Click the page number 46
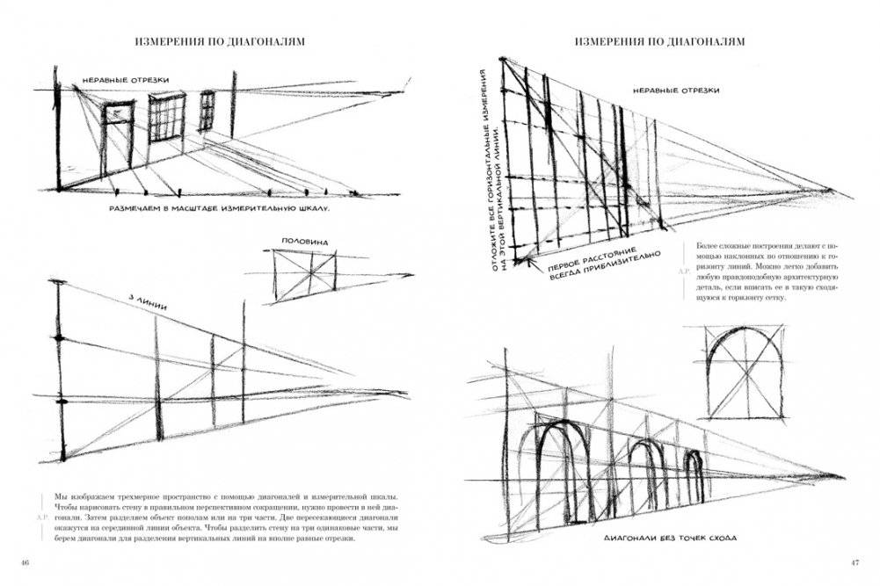point(25,562)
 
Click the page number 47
point(854,562)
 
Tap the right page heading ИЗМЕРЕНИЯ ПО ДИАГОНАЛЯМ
point(659,41)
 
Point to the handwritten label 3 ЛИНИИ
point(148,303)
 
